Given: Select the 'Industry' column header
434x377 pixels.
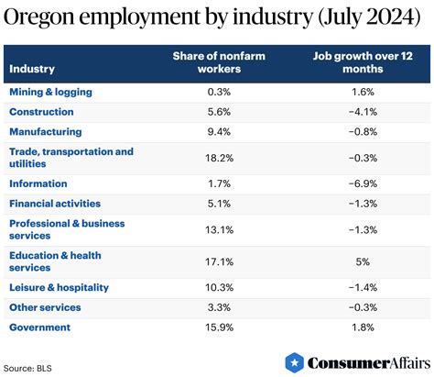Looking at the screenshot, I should [x=31, y=69].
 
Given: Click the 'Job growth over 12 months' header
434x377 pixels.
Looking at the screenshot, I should [x=358, y=63].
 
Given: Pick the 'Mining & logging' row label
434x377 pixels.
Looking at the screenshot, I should [x=51, y=92].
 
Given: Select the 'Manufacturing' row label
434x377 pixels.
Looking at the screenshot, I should [x=45, y=132].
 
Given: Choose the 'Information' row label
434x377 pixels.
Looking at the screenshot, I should [x=38, y=183].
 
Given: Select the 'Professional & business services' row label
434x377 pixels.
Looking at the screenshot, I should [x=67, y=229].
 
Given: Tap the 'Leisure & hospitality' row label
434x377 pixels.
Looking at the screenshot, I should [x=59, y=287].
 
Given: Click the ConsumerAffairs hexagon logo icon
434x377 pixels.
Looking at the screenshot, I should [x=294, y=363].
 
